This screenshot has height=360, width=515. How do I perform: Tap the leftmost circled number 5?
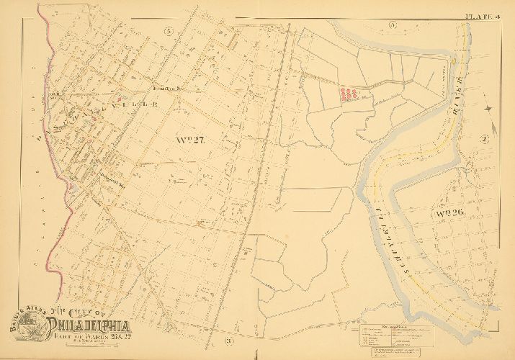click(x=169, y=30)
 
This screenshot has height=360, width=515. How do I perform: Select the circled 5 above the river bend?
click(x=393, y=26)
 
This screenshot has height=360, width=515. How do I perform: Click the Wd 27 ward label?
click(x=190, y=140)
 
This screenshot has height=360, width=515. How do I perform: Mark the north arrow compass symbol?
click(x=490, y=108)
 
